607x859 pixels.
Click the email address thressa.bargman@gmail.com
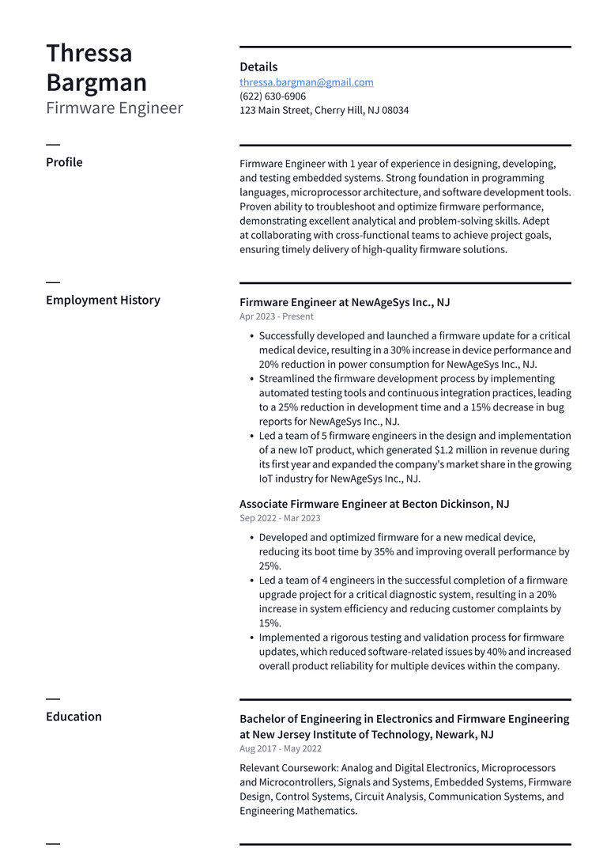point(307,82)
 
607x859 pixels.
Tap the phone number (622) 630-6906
point(273,96)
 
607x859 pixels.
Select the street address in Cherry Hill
point(324,111)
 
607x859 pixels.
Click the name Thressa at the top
point(89,53)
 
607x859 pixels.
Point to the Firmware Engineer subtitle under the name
point(115,108)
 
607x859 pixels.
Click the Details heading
point(258,67)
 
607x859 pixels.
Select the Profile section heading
point(64,162)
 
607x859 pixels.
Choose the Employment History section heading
point(103,300)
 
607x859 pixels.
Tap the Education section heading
point(74,717)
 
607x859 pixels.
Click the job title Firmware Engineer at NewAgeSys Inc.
point(345,302)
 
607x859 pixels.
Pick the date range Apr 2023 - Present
point(277,316)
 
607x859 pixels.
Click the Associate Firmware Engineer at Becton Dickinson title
point(374,504)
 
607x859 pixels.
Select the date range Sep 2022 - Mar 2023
point(280,518)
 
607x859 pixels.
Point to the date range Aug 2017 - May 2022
point(281,748)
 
